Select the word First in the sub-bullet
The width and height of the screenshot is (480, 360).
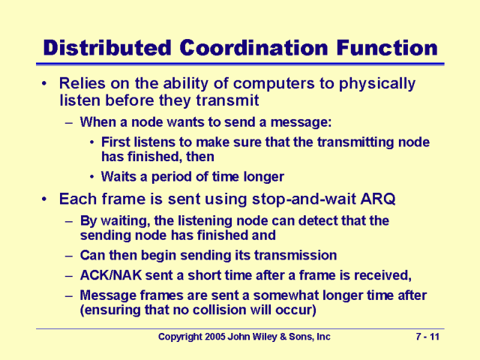pyautogui.click(x=117, y=142)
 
